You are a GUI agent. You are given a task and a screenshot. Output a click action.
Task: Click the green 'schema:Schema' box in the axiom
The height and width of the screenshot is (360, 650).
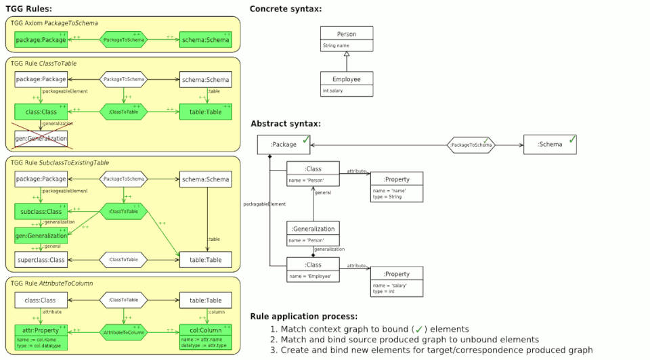pos(206,40)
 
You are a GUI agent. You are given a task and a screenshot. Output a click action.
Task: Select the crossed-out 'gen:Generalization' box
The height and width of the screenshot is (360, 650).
pos(41,138)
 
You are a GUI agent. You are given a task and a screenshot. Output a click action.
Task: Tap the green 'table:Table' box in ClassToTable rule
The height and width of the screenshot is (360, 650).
pos(206,111)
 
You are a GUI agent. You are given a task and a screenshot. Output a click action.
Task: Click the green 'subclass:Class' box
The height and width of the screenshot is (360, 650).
pos(41,211)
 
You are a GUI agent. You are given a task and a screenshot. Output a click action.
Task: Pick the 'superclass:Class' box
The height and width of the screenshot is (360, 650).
pos(41,259)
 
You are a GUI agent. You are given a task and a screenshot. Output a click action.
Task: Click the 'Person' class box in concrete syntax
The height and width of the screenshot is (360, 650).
pos(346,39)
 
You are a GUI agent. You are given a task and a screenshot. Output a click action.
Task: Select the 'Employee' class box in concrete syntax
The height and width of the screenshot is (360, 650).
pos(346,83)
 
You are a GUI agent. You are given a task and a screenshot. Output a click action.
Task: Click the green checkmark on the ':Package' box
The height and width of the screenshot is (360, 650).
pos(306,140)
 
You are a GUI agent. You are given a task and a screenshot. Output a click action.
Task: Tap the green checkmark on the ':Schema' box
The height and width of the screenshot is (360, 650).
pos(571,139)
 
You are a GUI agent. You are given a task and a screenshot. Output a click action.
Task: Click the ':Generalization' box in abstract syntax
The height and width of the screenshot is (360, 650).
pos(313,234)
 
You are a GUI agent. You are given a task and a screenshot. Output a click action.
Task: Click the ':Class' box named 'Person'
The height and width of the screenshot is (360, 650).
pos(313,175)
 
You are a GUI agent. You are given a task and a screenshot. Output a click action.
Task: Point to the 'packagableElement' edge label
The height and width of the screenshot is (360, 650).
pos(264,203)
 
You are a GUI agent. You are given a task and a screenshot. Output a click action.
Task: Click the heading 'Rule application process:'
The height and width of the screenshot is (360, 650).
pos(304,316)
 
